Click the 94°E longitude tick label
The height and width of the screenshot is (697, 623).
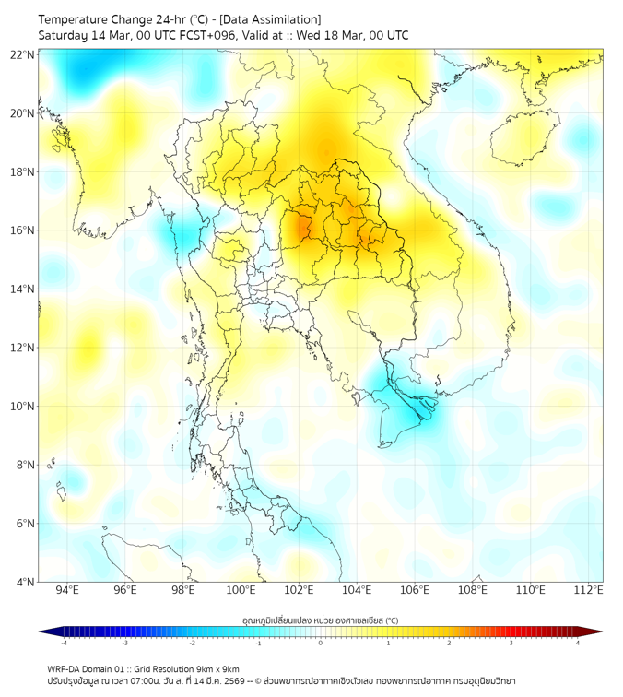pyautogui.click(x=67, y=590)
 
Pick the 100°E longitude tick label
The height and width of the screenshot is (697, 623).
pyautogui.click(x=241, y=590)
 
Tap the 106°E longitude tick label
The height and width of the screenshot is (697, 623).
pyautogui.click(x=415, y=590)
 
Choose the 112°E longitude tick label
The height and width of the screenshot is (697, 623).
pyautogui.click(x=589, y=590)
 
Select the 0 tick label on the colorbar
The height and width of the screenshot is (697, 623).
pyautogui.click(x=321, y=643)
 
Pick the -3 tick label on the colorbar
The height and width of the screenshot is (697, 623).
pyautogui.click(x=125, y=643)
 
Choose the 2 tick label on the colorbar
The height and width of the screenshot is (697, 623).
pyautogui.click(x=449, y=643)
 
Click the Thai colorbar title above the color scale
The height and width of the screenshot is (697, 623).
pyautogui.click(x=320, y=620)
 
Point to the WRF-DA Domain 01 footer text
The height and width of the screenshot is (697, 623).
pyautogui.click(x=93, y=668)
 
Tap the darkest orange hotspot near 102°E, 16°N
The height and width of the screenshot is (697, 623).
pyautogui.click(x=300, y=226)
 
